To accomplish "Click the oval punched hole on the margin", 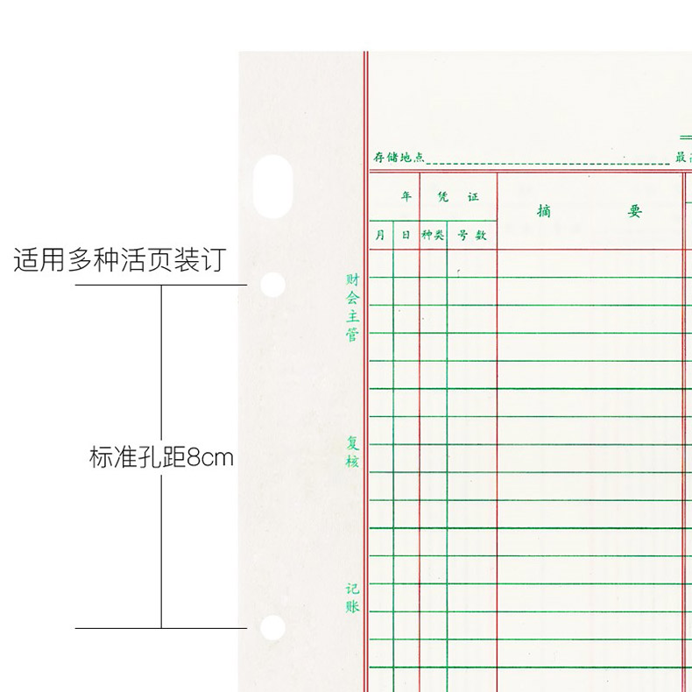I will (x=272, y=187).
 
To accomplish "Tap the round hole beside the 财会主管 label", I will (x=273, y=285).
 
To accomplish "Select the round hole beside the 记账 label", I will (x=272, y=627).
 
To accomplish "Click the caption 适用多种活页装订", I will (x=120, y=260).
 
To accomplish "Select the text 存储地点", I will (x=399, y=157).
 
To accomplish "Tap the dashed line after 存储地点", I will (x=547, y=162).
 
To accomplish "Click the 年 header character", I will (x=406, y=197).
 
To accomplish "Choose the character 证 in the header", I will (x=473, y=197).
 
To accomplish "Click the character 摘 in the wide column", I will (x=544, y=211).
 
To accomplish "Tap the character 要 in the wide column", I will (x=634, y=211).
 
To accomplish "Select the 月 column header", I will (x=380, y=235).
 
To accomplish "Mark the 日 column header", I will (x=405, y=235).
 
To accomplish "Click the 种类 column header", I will (x=433, y=235).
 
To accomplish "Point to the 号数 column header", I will (x=471, y=235).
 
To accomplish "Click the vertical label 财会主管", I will (x=352, y=307).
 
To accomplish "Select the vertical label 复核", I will (x=352, y=452).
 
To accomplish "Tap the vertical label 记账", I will (x=352, y=597).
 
